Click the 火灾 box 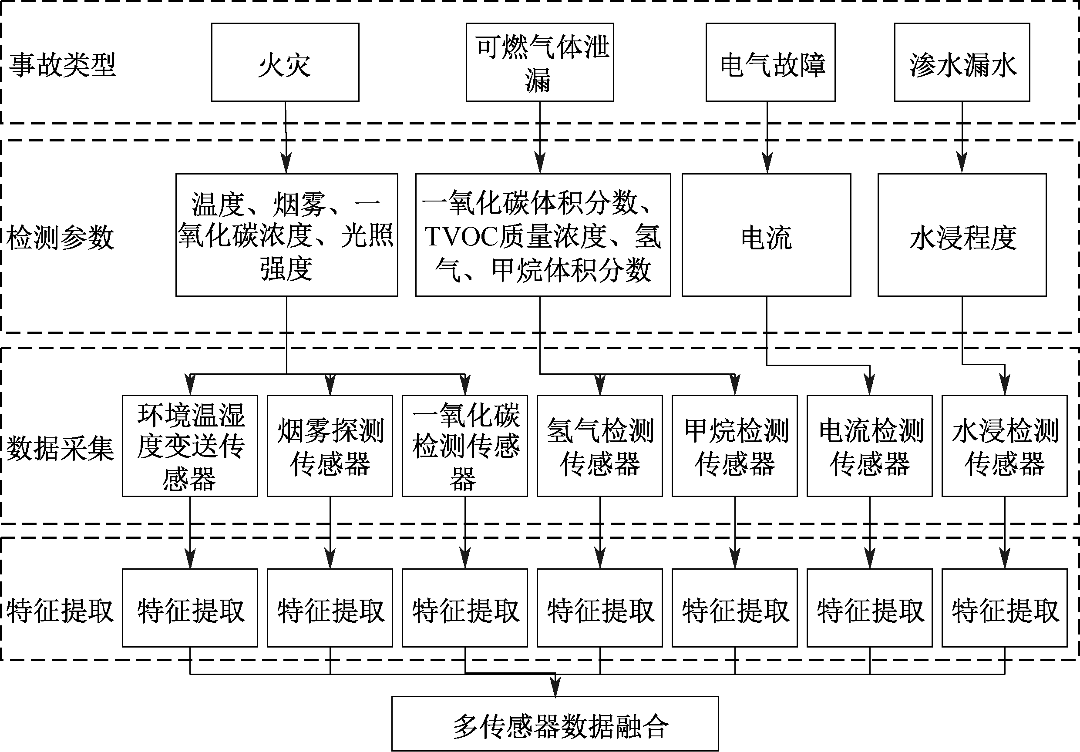[285, 62]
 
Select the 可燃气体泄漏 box [539, 62]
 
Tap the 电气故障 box [770, 62]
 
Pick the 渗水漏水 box [962, 62]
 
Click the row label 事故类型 [62, 65]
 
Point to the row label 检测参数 [61, 238]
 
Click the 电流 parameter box [766, 235]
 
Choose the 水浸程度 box [962, 235]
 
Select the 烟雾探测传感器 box [330, 445]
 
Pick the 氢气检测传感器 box [600, 445]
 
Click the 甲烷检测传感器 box [734, 445]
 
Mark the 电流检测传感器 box [869, 445]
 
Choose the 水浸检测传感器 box [1004, 445]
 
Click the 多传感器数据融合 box [555, 723]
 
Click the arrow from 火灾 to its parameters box [286, 136]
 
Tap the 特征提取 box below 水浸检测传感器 [1004, 608]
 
